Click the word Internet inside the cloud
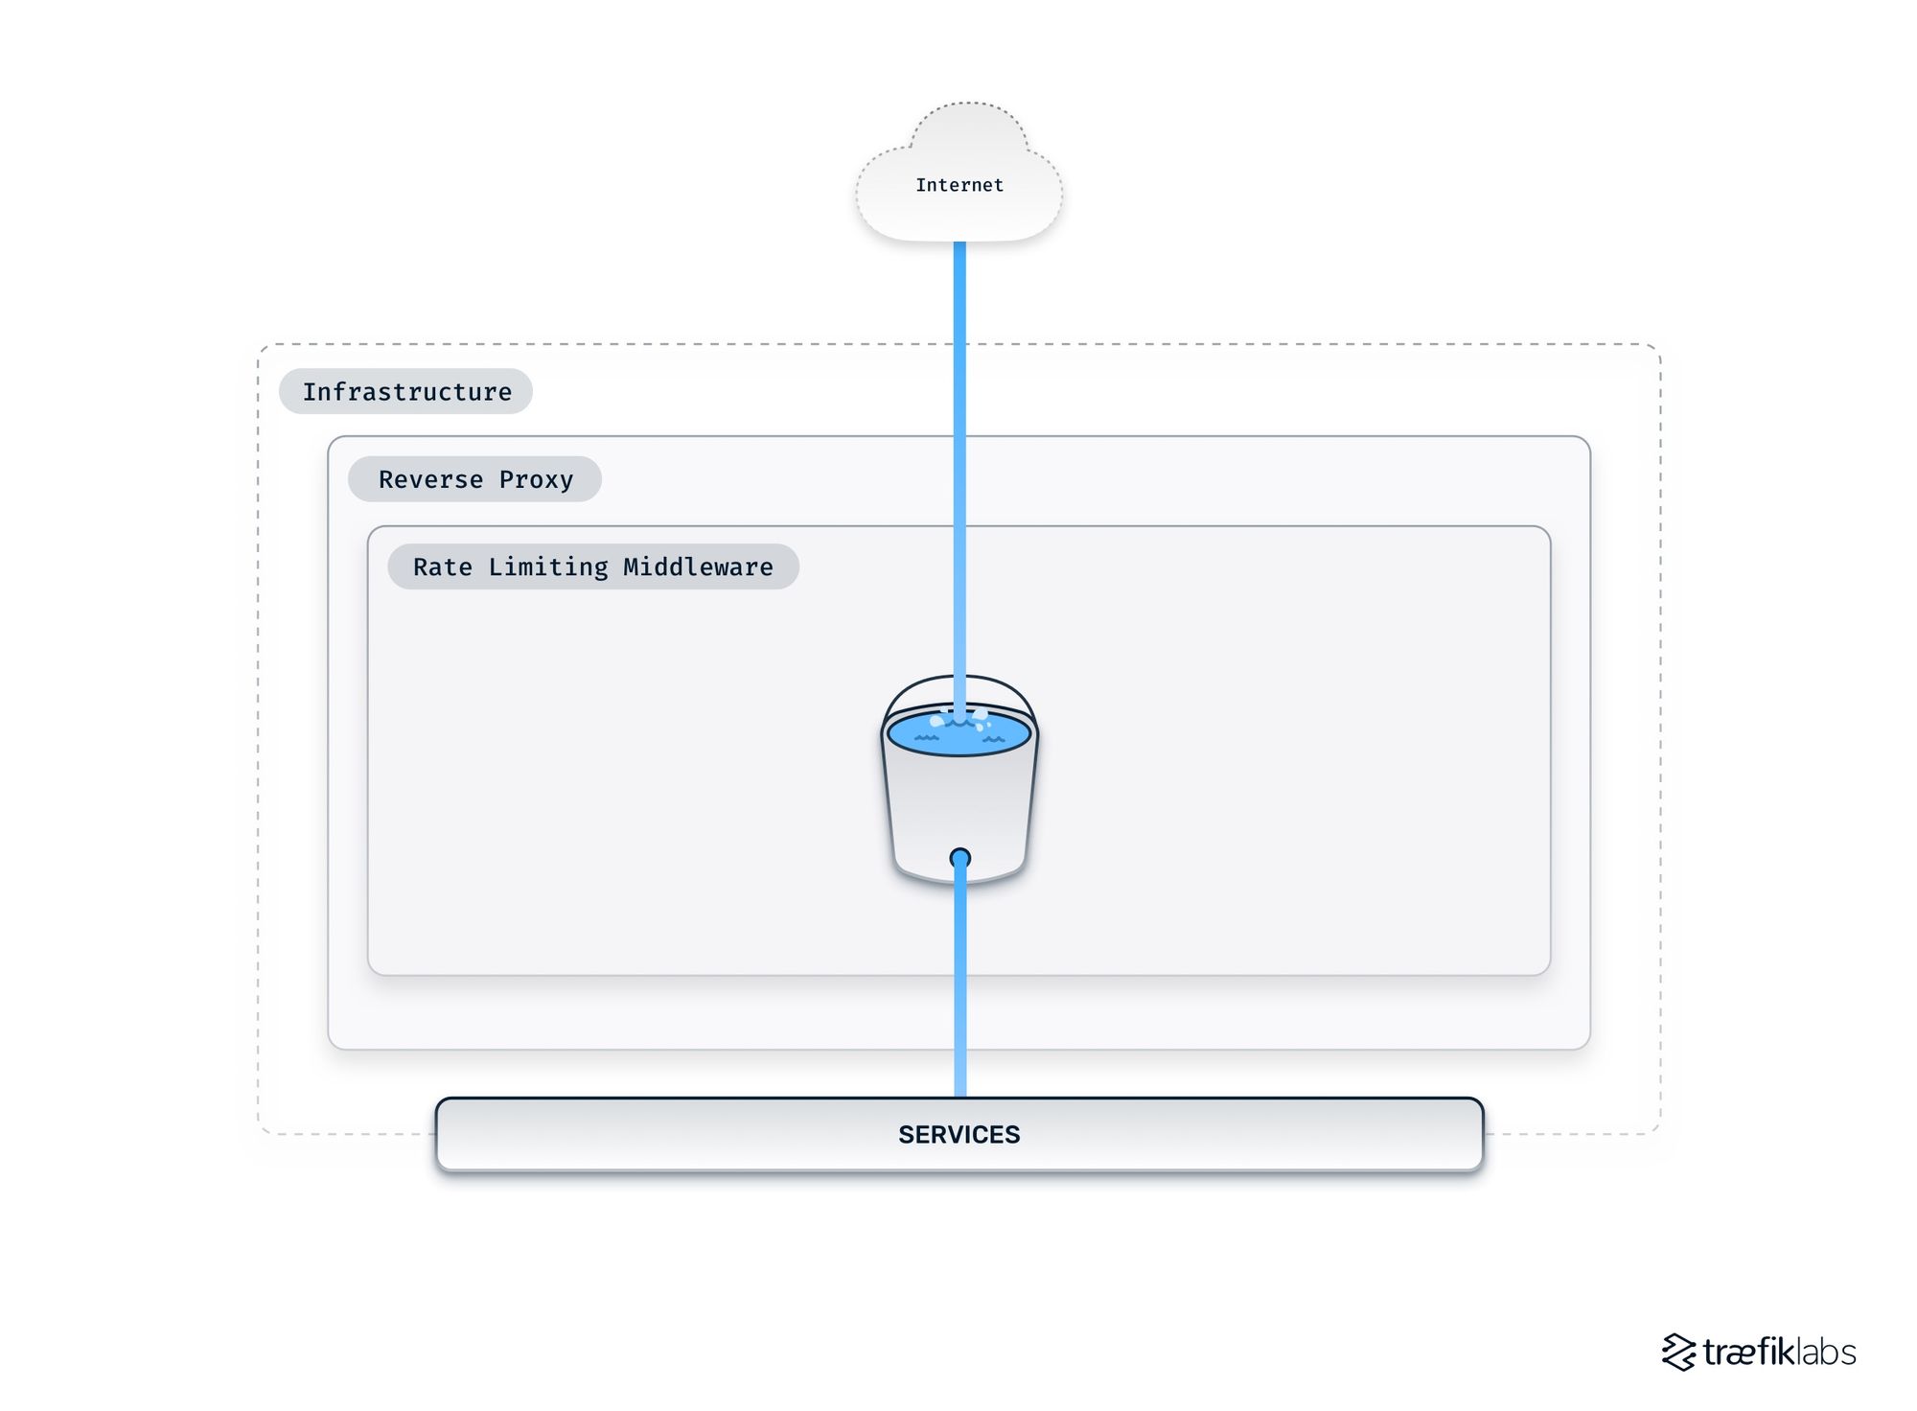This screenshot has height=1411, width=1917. click(958, 185)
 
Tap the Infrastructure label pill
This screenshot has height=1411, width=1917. click(405, 391)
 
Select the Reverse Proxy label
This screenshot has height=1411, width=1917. click(474, 479)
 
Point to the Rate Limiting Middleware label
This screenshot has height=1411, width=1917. click(592, 567)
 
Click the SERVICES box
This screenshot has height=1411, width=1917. click(958, 1134)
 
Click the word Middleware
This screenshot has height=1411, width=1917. click(698, 567)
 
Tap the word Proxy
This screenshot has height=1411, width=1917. click(536, 479)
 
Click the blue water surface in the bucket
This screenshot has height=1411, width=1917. click(920, 733)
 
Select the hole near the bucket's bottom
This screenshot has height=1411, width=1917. click(959, 858)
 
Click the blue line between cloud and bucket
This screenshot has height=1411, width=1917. click(959, 431)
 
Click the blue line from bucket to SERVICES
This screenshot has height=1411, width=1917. click(959, 987)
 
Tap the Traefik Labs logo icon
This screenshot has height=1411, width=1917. click(1678, 1352)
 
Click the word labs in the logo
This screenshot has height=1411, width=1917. click(1825, 1352)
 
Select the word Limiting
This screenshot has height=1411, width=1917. click(547, 567)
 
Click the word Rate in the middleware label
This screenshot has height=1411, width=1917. click(442, 567)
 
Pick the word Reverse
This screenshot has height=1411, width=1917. click(430, 479)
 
